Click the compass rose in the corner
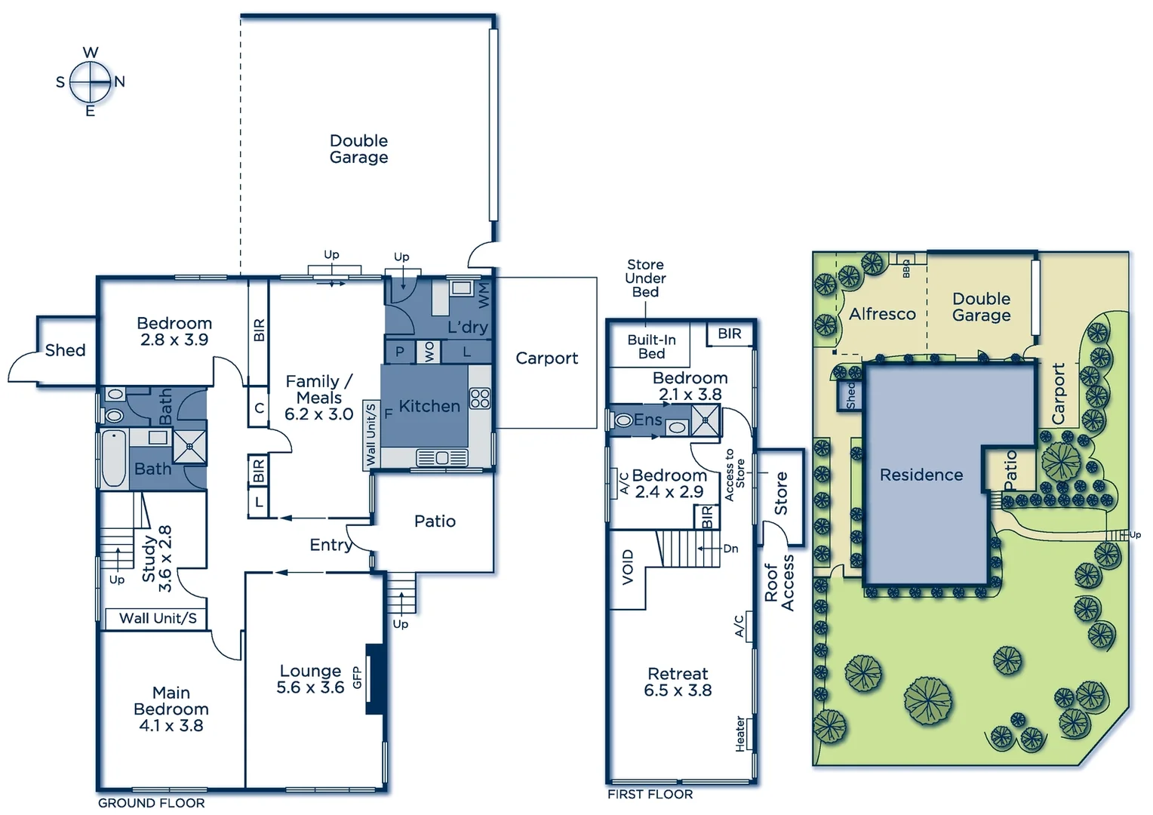pos(91,81)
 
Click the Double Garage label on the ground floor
pos(358,149)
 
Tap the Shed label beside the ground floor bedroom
pos(65,350)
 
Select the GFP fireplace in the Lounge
pos(375,678)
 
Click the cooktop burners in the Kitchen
pos(480,398)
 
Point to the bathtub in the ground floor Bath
pos(114,458)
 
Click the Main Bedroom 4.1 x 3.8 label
pos(171,709)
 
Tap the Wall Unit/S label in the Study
pos(158,618)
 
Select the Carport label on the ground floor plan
pos(546,358)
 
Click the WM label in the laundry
pos(484,294)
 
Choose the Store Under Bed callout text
pos(645,278)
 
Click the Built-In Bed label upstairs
pos(651,346)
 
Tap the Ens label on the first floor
pos(647,420)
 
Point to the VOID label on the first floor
pos(628,567)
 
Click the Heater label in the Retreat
pos(740,733)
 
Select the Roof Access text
pos(779,583)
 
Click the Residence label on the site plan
pos(921,475)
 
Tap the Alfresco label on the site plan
pos(882,314)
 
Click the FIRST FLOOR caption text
pos(650,794)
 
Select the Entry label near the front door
pos(331,545)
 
